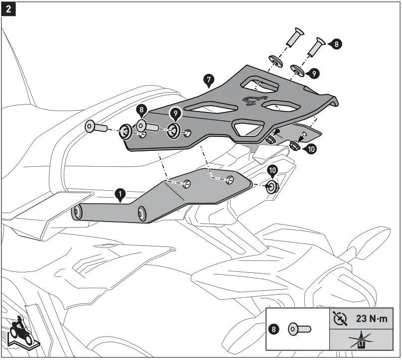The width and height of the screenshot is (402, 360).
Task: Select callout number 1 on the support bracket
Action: click(120, 193)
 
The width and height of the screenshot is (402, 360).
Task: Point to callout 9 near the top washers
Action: click(314, 73)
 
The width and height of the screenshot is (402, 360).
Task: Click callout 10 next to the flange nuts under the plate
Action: click(310, 148)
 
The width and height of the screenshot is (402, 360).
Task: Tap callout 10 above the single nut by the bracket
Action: click(272, 171)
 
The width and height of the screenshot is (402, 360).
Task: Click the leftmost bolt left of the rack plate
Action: click(94, 127)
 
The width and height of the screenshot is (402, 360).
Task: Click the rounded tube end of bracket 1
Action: click(77, 213)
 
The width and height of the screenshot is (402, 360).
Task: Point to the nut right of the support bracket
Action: click(272, 187)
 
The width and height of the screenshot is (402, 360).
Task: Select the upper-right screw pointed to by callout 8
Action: click(318, 48)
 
